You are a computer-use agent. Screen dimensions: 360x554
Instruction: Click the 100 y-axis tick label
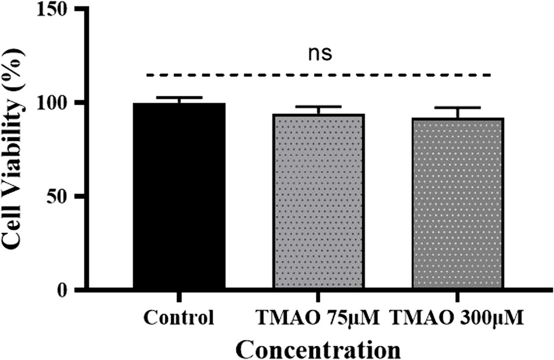60,103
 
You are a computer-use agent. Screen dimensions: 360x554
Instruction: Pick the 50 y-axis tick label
65,196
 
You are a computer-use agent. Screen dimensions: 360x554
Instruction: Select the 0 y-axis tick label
71,290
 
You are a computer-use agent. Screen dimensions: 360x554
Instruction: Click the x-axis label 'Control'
179,318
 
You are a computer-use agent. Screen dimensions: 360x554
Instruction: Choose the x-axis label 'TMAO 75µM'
316,318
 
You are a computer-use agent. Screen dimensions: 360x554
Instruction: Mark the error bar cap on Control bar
179,98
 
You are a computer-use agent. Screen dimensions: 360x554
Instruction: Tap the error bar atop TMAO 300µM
457,108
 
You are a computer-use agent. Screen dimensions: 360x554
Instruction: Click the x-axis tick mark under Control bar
179,295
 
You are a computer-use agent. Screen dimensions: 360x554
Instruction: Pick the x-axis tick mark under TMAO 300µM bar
457,295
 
